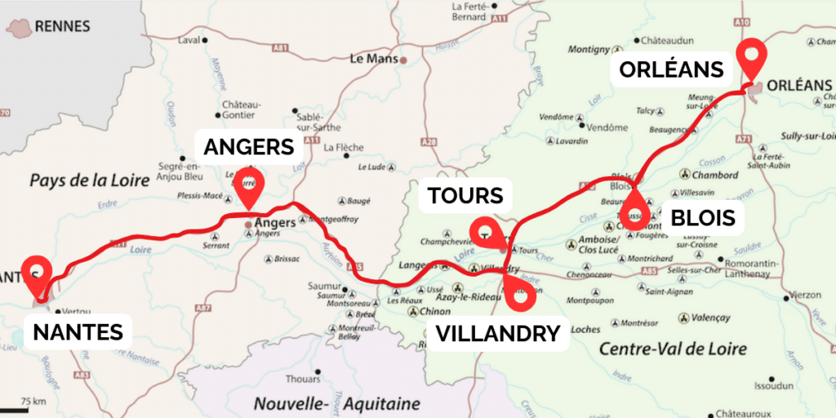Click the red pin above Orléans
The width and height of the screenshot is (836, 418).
click(751, 58)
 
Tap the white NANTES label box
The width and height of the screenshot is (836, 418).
click(78, 331)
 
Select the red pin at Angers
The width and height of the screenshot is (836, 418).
click(247, 187)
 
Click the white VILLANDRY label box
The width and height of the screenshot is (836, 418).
click(498, 333)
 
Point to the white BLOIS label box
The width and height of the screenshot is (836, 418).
click(703, 219)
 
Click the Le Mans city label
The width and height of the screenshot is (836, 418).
click(372, 59)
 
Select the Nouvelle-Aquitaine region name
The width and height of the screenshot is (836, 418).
click(336, 403)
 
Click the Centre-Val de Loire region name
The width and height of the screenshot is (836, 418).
click(673, 349)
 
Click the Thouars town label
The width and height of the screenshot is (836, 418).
click(304, 379)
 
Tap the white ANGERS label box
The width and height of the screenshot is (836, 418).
click(248, 147)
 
